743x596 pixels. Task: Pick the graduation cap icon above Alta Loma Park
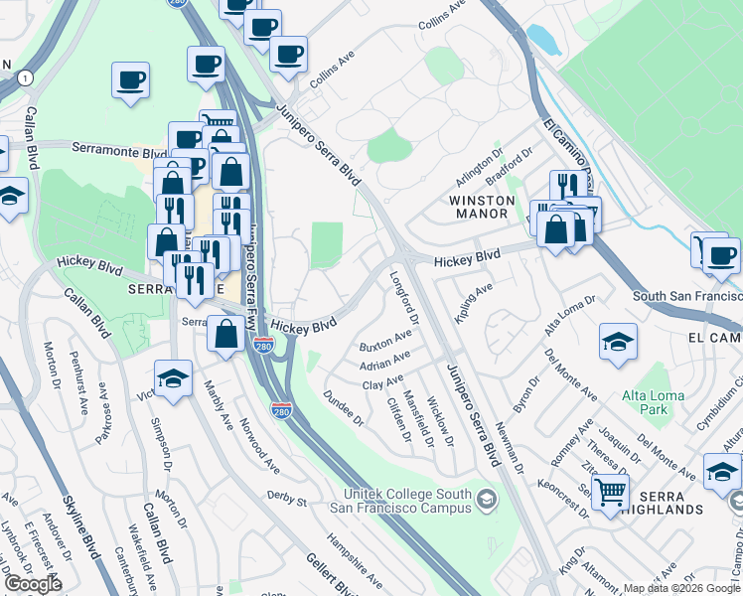click(x=618, y=343)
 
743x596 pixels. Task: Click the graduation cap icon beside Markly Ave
click(x=173, y=378)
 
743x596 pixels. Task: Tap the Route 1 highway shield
click(x=24, y=76)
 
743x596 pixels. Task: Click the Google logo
click(x=33, y=584)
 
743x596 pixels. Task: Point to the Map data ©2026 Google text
click(x=680, y=588)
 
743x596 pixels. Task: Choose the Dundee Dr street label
click(x=344, y=406)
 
